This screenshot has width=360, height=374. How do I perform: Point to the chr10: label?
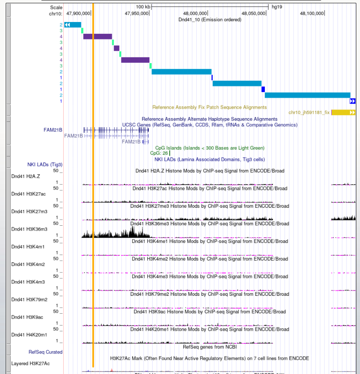(x=55, y=13)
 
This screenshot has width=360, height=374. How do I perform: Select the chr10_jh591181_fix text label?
(x=309, y=112)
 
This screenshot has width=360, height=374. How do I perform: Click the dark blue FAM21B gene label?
(x=53, y=130)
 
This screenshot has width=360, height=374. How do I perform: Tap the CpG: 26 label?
(x=159, y=153)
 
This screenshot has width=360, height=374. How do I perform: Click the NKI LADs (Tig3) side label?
(x=45, y=165)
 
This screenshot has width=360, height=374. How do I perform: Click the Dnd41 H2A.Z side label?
(x=26, y=176)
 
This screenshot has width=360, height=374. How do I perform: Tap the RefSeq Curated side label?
(x=45, y=352)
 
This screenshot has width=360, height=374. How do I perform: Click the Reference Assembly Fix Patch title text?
(x=209, y=107)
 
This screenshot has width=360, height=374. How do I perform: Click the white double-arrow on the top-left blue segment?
(x=67, y=25)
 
